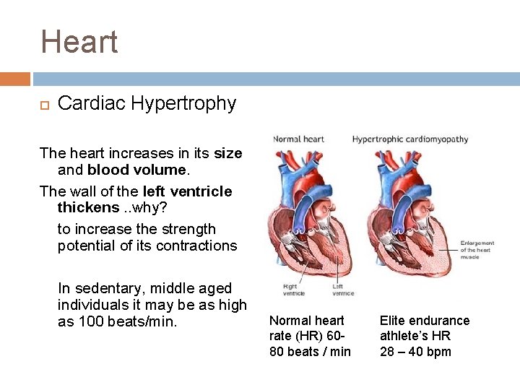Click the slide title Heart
click(x=79, y=42)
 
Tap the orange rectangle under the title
click(x=14, y=79)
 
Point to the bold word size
click(x=228, y=153)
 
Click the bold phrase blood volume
click(x=136, y=170)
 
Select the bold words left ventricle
click(x=188, y=191)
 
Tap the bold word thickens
click(x=88, y=207)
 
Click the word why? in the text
click(x=153, y=207)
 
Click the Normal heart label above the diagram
click(x=298, y=139)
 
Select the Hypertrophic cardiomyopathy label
click(x=409, y=139)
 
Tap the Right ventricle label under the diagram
click(x=293, y=290)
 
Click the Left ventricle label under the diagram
click(x=343, y=290)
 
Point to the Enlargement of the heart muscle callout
click(x=477, y=250)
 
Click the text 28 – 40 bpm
click(x=415, y=352)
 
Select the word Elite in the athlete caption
click(x=394, y=320)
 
